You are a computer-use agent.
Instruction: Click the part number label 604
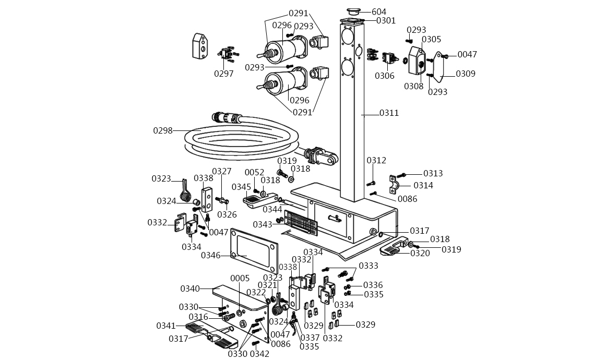[379, 12]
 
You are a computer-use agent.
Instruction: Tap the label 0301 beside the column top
[386, 20]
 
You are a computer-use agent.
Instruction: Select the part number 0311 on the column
[389, 113]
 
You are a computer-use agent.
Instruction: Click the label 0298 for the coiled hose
[163, 130]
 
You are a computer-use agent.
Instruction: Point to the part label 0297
[224, 74]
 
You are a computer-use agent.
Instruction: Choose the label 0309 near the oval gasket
[466, 74]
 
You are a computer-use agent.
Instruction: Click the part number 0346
[211, 255]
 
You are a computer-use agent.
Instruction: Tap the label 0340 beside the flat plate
[190, 289]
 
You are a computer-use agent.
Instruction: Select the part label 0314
[423, 185]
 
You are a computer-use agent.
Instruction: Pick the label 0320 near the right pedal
[420, 253]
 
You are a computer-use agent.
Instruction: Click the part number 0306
[385, 76]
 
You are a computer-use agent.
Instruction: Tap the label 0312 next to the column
[376, 160]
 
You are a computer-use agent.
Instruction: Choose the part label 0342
[260, 354]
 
